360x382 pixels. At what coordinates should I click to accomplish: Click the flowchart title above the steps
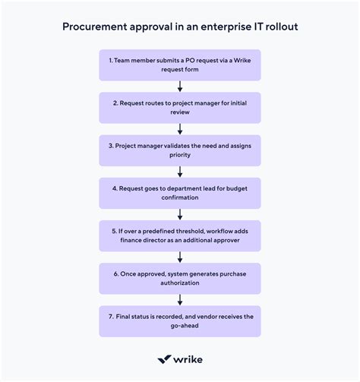point(180,26)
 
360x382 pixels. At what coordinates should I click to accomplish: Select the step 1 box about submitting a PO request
point(180,65)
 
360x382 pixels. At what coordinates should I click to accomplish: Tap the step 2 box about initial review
point(180,107)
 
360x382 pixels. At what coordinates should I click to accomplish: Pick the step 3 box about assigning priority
point(180,150)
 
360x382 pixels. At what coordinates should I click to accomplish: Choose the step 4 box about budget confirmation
point(180,192)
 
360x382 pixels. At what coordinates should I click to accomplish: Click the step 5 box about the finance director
point(180,235)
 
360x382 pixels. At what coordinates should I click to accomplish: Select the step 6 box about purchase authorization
point(180,278)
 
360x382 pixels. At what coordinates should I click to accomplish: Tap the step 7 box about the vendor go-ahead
point(180,320)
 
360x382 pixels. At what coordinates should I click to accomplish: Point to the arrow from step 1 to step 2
point(180,86)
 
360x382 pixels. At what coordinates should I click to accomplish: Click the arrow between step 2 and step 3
point(180,128)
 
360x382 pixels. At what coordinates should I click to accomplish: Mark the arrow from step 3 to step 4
point(180,171)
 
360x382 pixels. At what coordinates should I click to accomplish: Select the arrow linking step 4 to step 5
point(180,213)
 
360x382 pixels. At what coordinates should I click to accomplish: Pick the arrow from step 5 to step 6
point(180,257)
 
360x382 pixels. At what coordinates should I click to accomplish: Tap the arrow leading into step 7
point(180,299)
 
